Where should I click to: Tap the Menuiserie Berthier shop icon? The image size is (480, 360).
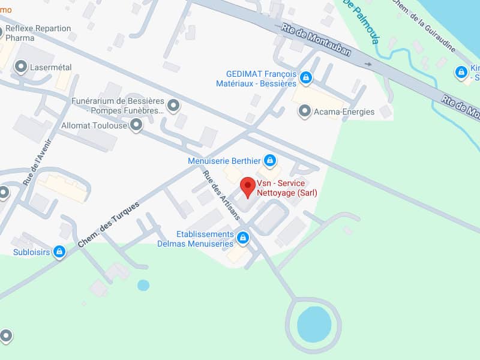270,160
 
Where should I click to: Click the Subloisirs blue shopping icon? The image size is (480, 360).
59,252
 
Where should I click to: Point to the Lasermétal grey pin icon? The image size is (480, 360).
21,67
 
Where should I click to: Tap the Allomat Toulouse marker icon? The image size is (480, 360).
137,125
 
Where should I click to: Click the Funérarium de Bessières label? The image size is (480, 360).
118,106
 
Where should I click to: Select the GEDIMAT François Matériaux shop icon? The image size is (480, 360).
306,77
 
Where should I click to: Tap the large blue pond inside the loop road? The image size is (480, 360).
314,324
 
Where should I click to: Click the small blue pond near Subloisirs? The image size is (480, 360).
143,285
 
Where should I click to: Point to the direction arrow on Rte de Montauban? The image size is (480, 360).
367,64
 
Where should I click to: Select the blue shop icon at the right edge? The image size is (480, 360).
461,72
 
